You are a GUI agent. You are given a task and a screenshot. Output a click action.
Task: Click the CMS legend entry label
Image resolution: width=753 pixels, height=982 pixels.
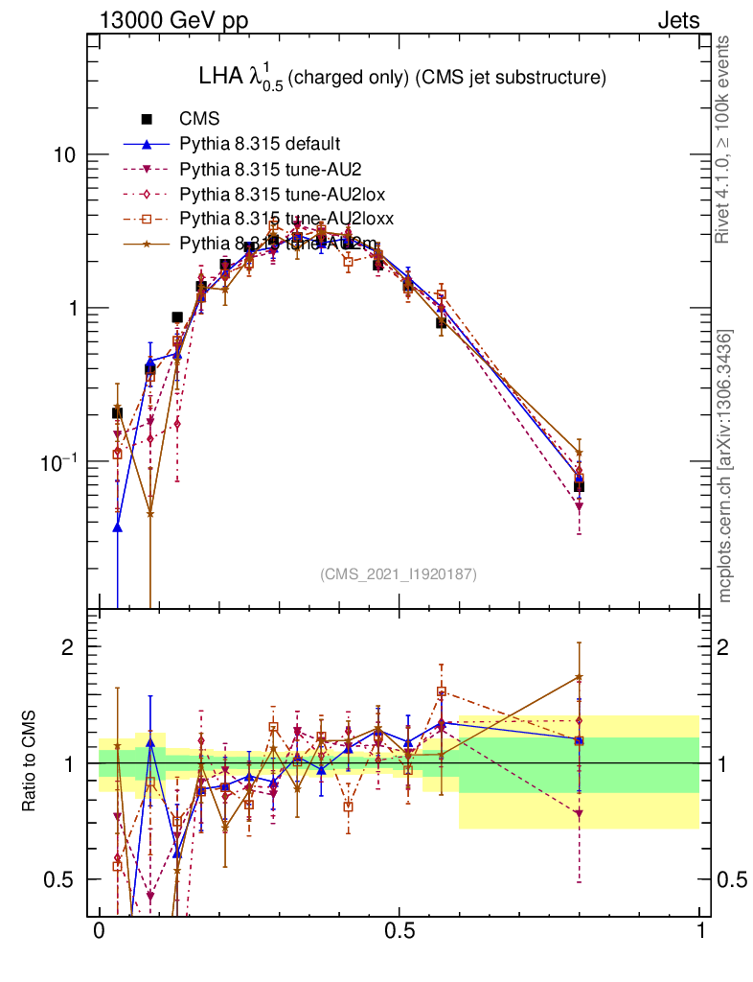[200, 120]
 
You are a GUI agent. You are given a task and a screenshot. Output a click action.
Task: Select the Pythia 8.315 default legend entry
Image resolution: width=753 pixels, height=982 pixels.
[260, 145]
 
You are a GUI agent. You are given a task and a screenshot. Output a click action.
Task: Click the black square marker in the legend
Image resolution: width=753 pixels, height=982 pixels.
[148, 120]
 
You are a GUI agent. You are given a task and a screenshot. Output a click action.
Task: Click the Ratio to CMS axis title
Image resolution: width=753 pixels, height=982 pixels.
[30, 763]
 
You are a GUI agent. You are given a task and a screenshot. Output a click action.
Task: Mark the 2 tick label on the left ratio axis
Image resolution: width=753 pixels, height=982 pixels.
[68, 647]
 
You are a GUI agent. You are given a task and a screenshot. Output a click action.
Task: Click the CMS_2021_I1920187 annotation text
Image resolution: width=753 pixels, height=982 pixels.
[399, 573]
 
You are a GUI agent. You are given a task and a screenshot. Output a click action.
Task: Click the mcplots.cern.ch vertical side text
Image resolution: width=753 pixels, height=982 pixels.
[726, 465]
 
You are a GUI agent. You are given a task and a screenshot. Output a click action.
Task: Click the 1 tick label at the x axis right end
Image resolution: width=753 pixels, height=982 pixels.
[700, 931]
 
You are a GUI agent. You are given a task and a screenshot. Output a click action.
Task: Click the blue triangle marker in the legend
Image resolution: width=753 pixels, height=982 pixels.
[148, 145]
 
